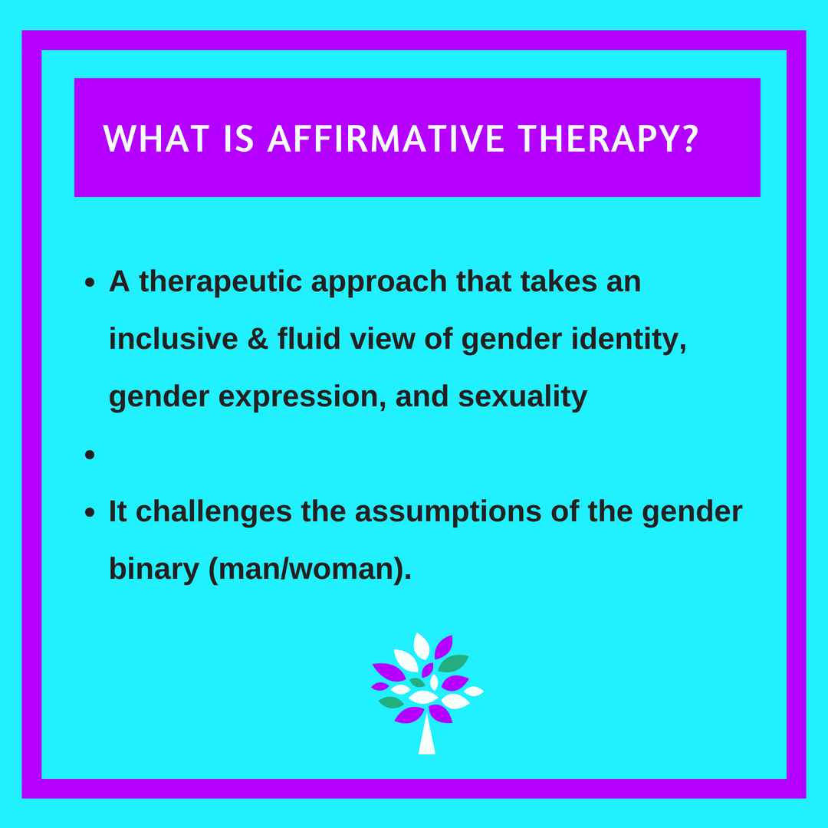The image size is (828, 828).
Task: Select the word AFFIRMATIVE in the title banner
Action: point(386,139)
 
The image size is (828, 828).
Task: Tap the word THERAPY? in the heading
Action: point(609,139)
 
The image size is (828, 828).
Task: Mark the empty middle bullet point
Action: point(90,455)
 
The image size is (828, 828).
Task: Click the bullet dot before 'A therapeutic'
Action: point(90,283)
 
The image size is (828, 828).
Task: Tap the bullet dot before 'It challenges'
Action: point(90,512)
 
